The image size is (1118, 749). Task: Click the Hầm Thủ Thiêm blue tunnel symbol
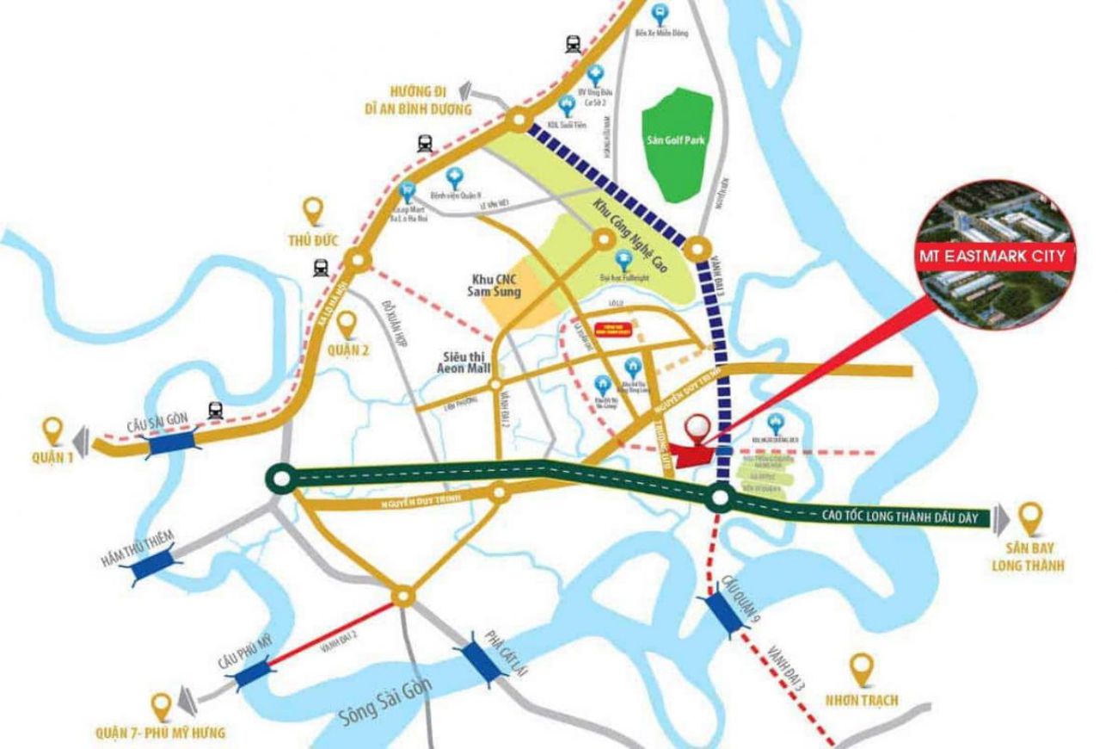coord(153,566)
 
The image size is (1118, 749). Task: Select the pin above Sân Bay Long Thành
coord(1029,517)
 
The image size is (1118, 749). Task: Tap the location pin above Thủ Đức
coord(315,210)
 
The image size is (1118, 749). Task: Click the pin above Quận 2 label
coord(347,324)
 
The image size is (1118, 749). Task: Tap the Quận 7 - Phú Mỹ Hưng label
coord(161,733)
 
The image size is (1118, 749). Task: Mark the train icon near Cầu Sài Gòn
coord(215,411)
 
